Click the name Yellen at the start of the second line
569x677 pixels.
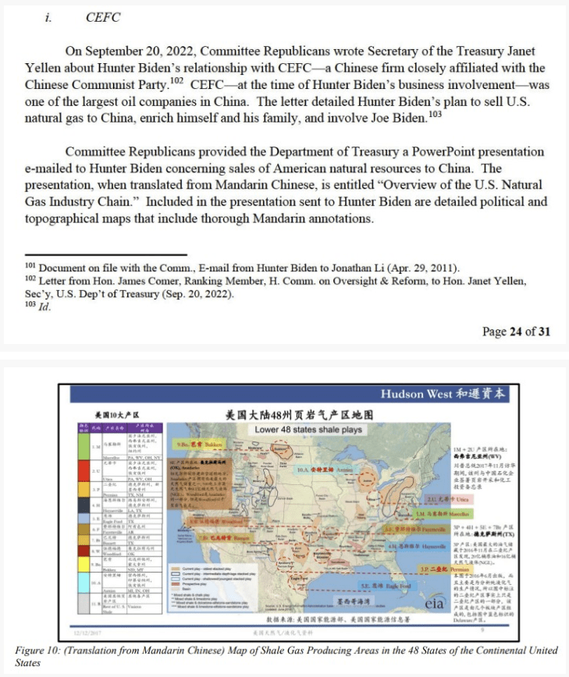pos(44,68)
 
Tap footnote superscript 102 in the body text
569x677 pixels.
pos(176,79)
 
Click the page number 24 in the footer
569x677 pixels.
pos(516,331)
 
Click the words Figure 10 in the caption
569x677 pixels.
pos(36,650)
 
